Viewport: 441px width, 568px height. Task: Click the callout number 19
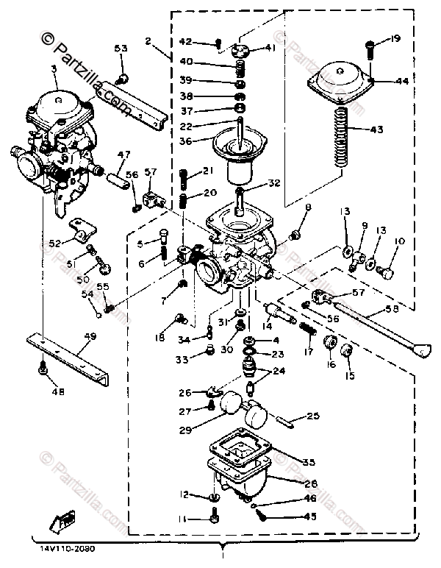click(x=395, y=37)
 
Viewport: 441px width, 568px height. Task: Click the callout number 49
click(x=90, y=338)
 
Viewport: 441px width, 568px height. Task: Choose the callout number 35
click(x=308, y=462)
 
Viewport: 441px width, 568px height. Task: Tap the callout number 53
click(x=120, y=49)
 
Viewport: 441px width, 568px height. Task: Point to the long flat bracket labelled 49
click(x=70, y=352)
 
